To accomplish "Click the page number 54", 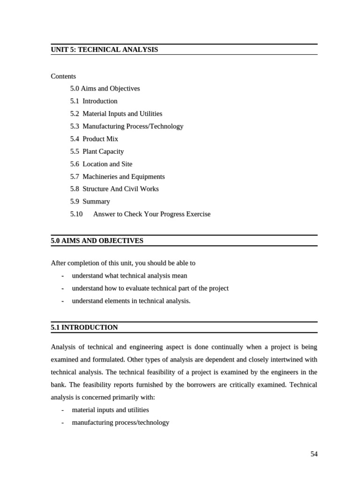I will click(314, 454).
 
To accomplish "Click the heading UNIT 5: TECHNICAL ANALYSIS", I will click(105, 50).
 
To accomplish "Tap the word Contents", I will click(63, 76).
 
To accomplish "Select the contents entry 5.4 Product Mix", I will click(94, 139).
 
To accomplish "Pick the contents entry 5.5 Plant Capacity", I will click(97, 151).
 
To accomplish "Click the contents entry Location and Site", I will click(107, 164).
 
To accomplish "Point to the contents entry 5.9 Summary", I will click(90, 202).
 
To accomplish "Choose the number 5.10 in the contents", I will click(76, 214).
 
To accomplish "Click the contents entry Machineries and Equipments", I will click(124, 177).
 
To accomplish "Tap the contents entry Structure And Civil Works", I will click(120, 189).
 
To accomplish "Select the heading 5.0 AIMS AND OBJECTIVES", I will click(97, 241).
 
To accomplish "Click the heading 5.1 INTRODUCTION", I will click(84, 328).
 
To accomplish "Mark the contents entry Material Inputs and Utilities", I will click(122, 113).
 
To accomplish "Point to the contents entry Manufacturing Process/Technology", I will click(133, 126).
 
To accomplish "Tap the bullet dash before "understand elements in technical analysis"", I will click(62, 301).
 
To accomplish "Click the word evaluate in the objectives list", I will click(134, 288).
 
